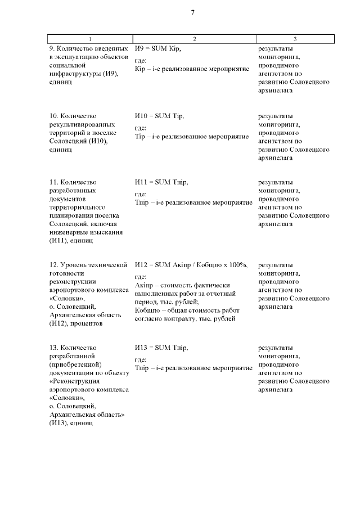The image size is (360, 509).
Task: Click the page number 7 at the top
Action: (192, 13)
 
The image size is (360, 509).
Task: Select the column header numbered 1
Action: (89, 39)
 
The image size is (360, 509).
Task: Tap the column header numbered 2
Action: (194, 39)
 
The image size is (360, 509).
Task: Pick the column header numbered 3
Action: (295, 39)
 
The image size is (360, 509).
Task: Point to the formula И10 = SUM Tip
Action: (159, 116)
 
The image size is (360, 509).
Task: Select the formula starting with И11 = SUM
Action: (161, 182)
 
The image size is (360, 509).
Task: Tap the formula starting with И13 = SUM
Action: (161, 348)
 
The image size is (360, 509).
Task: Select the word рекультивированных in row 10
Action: (82, 124)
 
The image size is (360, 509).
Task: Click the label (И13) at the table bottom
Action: (58, 423)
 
